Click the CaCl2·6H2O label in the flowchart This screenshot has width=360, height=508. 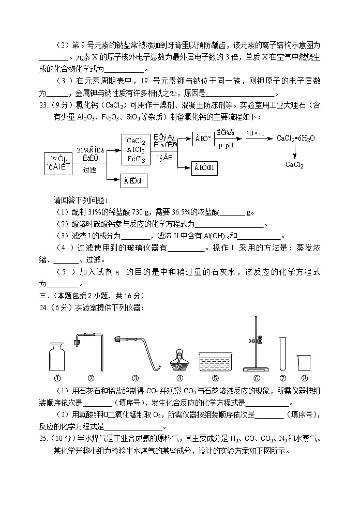click(295, 138)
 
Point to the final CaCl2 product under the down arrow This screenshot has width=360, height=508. click(294, 165)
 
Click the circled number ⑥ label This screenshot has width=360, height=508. click(256, 378)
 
